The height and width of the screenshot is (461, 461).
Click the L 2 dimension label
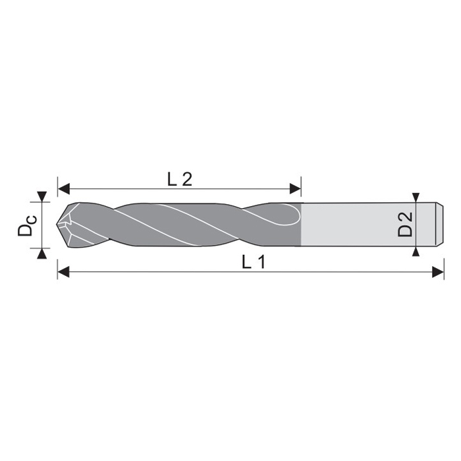pos(180,179)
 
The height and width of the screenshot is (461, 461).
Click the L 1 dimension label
pos(254,261)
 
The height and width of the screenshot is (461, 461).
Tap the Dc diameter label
pos(27,225)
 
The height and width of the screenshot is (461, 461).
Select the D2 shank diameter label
pos(405,225)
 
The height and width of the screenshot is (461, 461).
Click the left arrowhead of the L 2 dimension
pos(63,188)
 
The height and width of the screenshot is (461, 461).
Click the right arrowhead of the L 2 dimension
pos(296,188)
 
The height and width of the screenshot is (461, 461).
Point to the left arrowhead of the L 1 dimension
pos(63,271)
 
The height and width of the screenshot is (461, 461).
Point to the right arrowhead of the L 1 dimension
pos(438,271)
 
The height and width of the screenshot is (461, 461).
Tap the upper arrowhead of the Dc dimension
pos(42,197)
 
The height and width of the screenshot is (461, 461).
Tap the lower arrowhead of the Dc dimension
pos(42,253)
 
